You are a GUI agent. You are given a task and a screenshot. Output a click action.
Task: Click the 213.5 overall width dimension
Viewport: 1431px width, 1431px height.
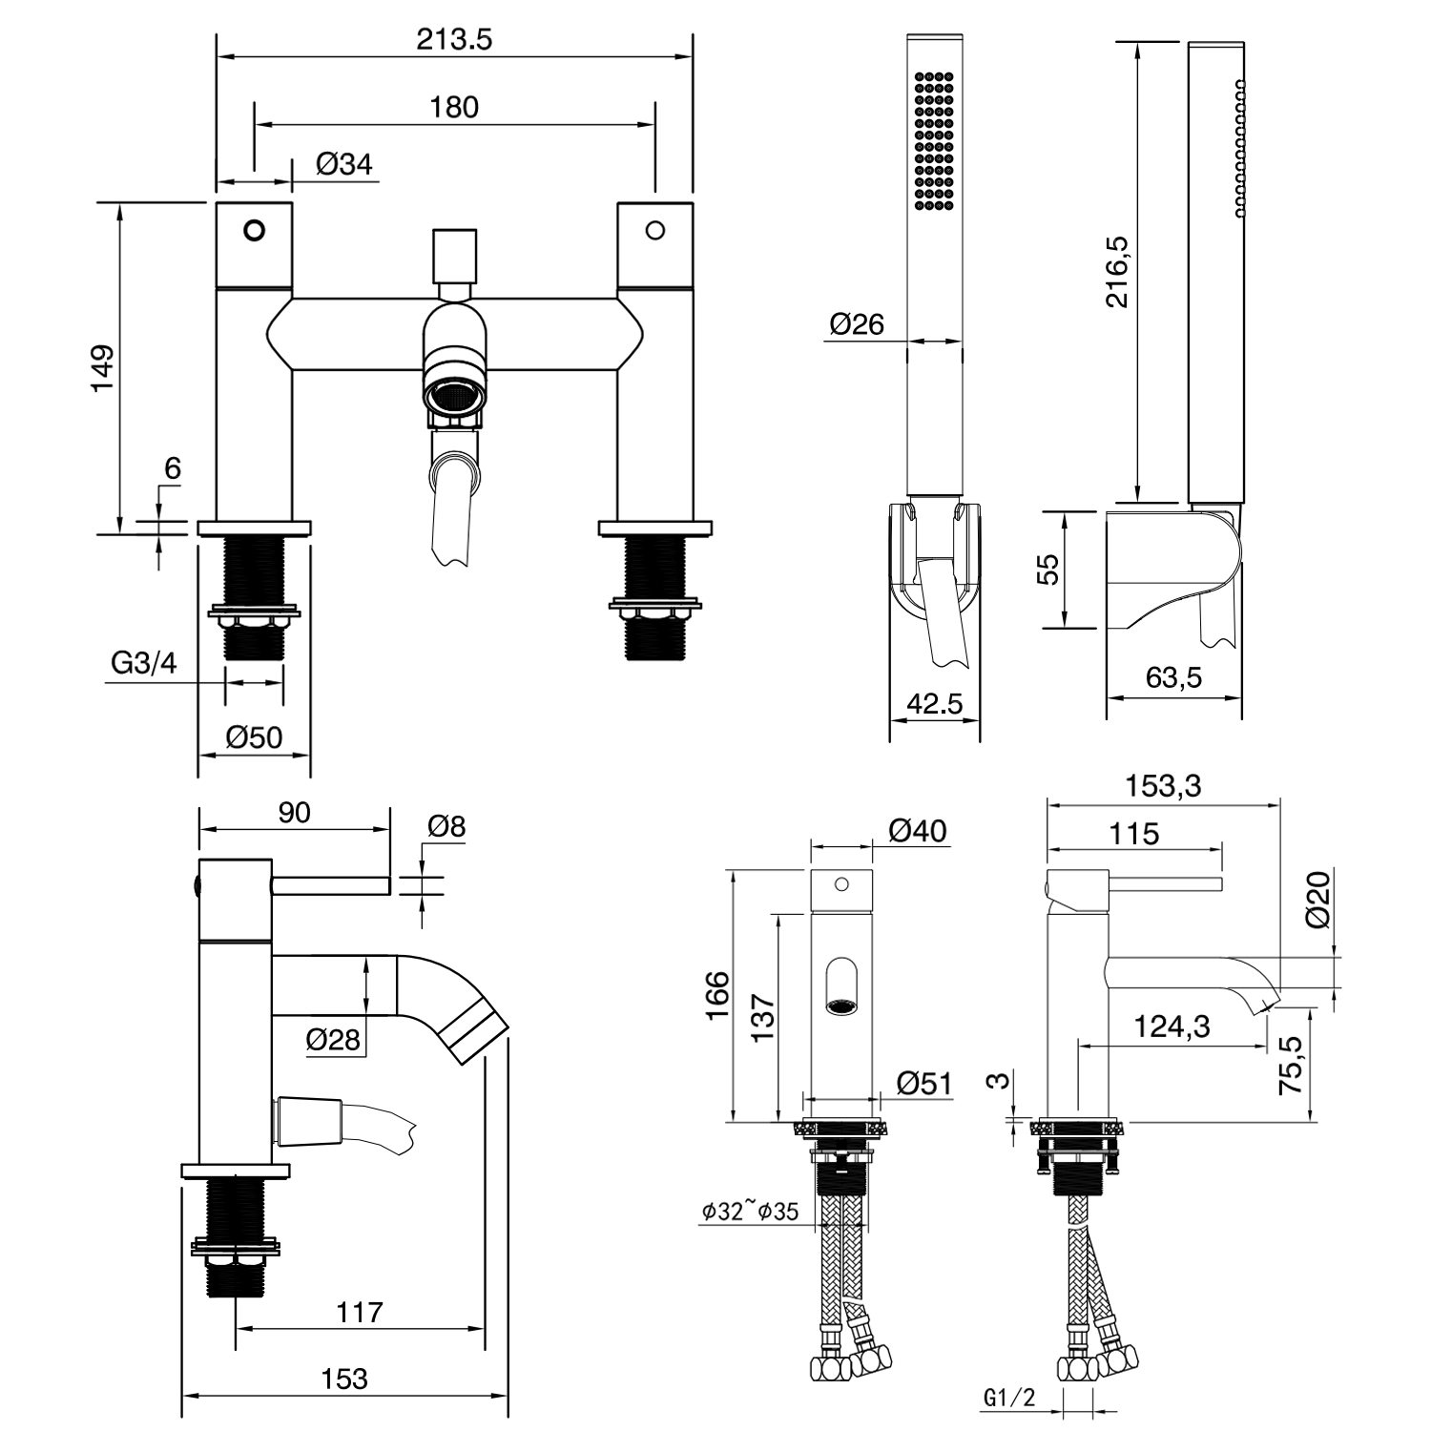454,40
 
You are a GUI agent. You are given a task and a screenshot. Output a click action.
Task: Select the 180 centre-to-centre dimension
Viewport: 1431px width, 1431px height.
454,107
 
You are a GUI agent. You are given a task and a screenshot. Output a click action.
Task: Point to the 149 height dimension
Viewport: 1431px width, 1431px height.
102,367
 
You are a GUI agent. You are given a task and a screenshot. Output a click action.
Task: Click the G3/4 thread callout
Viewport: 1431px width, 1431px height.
144,663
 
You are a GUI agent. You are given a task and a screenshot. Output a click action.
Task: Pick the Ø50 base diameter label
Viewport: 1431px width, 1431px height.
254,736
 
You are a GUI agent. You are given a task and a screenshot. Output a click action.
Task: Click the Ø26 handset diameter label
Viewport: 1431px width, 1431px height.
857,324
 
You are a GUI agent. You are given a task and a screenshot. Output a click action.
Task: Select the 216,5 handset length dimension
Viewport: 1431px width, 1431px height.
1116,272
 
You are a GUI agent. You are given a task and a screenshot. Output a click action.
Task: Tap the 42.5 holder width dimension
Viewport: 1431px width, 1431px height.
935,704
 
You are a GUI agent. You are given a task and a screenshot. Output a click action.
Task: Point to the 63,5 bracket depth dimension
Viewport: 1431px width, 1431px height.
1173,678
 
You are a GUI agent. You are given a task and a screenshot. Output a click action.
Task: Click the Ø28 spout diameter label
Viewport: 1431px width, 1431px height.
333,1039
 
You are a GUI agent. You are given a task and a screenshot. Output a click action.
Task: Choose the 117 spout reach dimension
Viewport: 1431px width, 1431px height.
359,1312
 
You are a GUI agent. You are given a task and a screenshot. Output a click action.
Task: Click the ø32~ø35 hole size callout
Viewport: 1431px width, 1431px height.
750,1212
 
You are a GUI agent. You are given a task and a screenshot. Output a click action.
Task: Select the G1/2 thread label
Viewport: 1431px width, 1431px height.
1008,1399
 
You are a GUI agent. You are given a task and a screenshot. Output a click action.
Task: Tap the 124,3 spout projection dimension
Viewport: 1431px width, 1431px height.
1172,1027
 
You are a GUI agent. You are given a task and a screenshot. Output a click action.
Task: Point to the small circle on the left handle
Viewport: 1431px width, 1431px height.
254,230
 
